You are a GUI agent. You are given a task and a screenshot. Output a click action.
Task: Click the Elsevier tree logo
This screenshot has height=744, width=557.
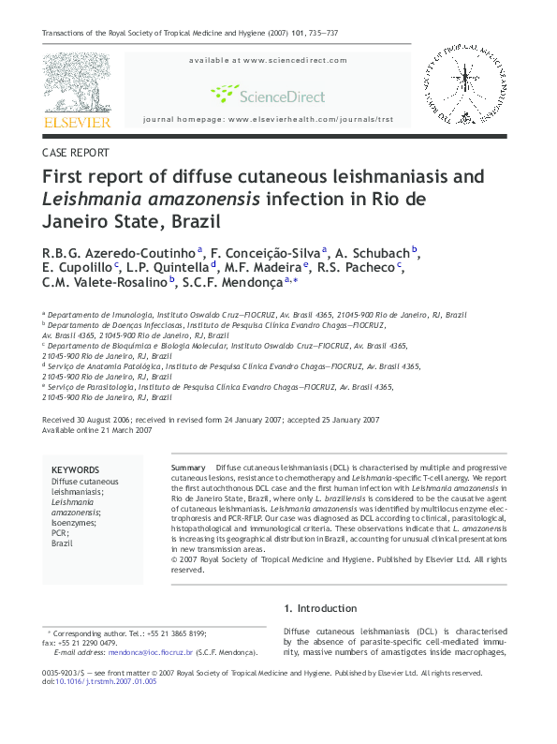(76, 82)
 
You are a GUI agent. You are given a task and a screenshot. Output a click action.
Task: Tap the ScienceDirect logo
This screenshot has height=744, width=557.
(268, 95)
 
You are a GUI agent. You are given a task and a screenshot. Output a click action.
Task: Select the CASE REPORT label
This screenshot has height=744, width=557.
(76, 153)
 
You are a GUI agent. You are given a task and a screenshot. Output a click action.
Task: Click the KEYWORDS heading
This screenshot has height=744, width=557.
(75, 470)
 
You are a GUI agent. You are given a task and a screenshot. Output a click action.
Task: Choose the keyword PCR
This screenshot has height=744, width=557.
(60, 533)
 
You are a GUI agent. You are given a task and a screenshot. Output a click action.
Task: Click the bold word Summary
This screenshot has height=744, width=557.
(189, 467)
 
